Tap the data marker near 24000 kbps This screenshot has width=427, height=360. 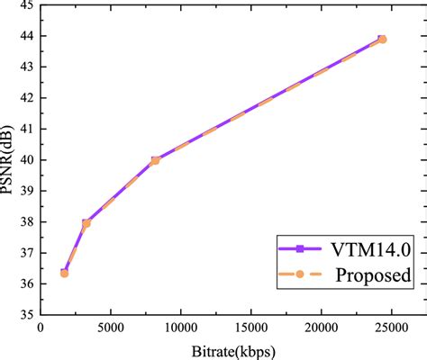tap(381, 39)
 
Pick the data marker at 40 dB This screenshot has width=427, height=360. tap(155, 160)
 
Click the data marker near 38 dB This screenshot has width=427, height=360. tap(86, 223)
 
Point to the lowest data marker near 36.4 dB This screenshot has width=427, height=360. tap(64, 272)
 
